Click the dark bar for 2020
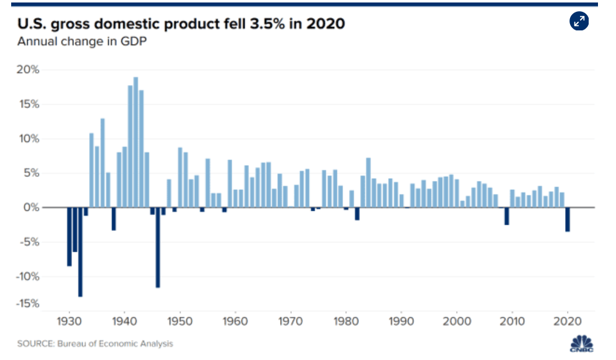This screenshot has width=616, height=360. point(568,219)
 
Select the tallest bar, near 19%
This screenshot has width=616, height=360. point(136,142)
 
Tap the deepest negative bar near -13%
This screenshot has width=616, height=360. point(80,251)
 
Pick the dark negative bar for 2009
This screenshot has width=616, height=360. point(507,215)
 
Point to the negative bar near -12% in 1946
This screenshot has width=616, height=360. point(158,247)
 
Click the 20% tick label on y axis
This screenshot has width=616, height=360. point(28,70)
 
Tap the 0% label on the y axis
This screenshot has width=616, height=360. point(31,207)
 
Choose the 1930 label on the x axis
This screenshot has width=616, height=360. point(69,322)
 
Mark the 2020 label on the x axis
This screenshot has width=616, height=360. point(568,322)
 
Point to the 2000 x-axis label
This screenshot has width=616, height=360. point(457,322)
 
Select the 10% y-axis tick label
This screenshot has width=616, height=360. point(28,138)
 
